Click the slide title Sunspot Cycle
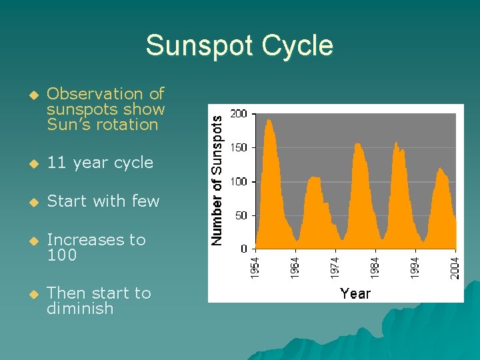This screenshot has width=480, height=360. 239,45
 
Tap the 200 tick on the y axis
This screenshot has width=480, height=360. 239,114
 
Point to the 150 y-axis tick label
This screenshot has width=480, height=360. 239,148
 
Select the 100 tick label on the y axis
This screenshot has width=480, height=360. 239,181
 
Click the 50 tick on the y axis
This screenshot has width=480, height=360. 241,215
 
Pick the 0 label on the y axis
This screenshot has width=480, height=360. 244,249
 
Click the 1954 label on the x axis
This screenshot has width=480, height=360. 255,268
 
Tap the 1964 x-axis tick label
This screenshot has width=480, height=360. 295,268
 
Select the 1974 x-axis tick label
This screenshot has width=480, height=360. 335,268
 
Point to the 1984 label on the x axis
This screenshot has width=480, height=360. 375,268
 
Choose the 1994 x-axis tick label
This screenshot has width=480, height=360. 415,268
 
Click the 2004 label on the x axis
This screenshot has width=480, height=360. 455,268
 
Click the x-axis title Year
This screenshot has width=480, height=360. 355,293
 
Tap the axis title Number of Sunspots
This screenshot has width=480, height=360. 217,178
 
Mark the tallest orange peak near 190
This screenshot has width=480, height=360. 269,121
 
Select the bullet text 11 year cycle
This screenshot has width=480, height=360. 100,163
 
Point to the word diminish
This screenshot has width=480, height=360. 80,309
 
